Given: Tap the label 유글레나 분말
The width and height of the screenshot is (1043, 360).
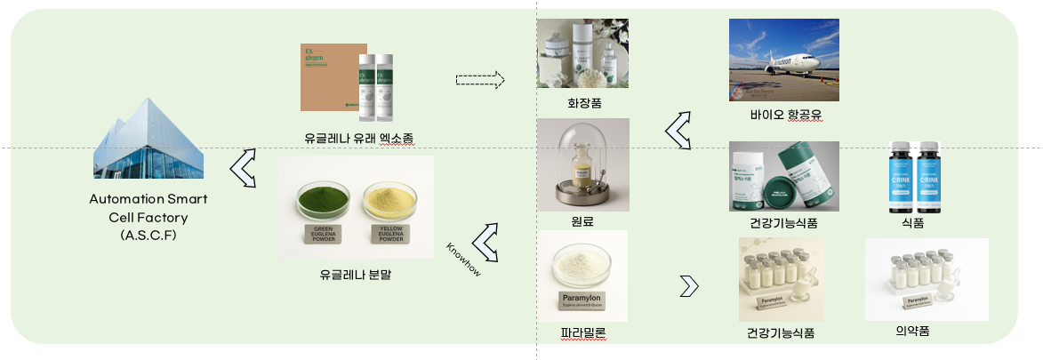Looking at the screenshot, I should coord(356,275).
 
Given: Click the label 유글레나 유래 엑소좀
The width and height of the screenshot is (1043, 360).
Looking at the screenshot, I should coord(357,137).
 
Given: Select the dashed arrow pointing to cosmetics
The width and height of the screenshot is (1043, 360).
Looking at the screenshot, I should coord(479,80).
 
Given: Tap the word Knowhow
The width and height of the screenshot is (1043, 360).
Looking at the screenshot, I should coord(463,259).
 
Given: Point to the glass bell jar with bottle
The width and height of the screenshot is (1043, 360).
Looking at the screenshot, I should coord(582,161).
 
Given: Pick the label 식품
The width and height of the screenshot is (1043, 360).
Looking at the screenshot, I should coord(912,223).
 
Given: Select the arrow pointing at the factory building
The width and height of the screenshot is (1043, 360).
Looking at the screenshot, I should coord(243,168).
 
